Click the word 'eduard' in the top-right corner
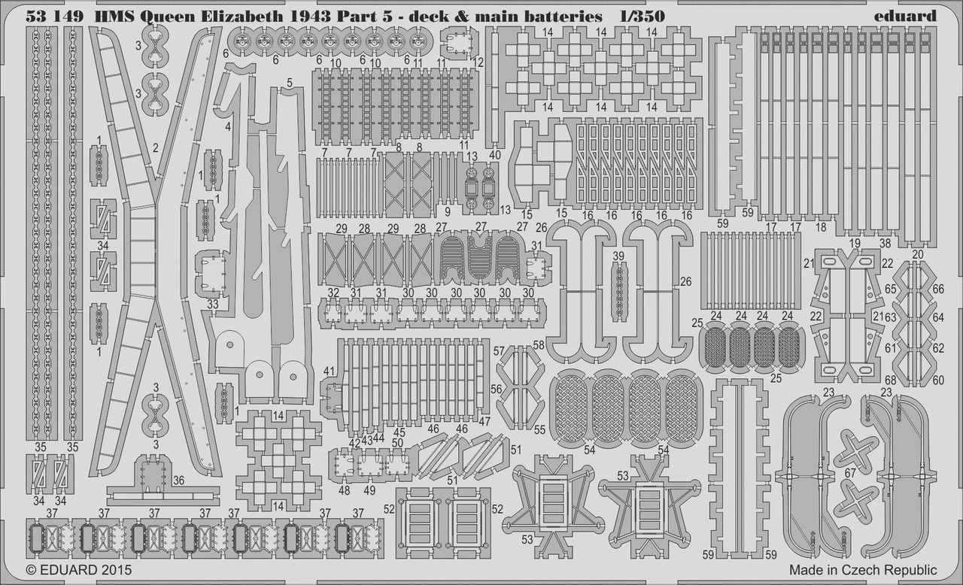pyautogui.click(x=904, y=16)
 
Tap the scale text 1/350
pyautogui.click(x=643, y=16)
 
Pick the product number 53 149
pyautogui.click(x=54, y=16)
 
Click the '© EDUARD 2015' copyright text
pyautogui.click(x=79, y=570)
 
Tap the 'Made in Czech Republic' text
pyautogui.click(x=863, y=570)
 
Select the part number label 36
pyautogui.click(x=178, y=480)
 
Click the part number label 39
pyautogui.click(x=618, y=256)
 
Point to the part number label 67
pyautogui.click(x=850, y=473)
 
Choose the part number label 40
pyautogui.click(x=495, y=155)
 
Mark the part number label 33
pyautogui.click(x=212, y=304)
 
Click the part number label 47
pyautogui.click(x=485, y=421)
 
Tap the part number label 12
pyautogui.click(x=478, y=62)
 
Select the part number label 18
pyautogui.click(x=821, y=227)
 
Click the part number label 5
pyautogui.click(x=290, y=83)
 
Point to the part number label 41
pyautogui.click(x=329, y=371)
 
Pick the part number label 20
pyautogui.click(x=917, y=254)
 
